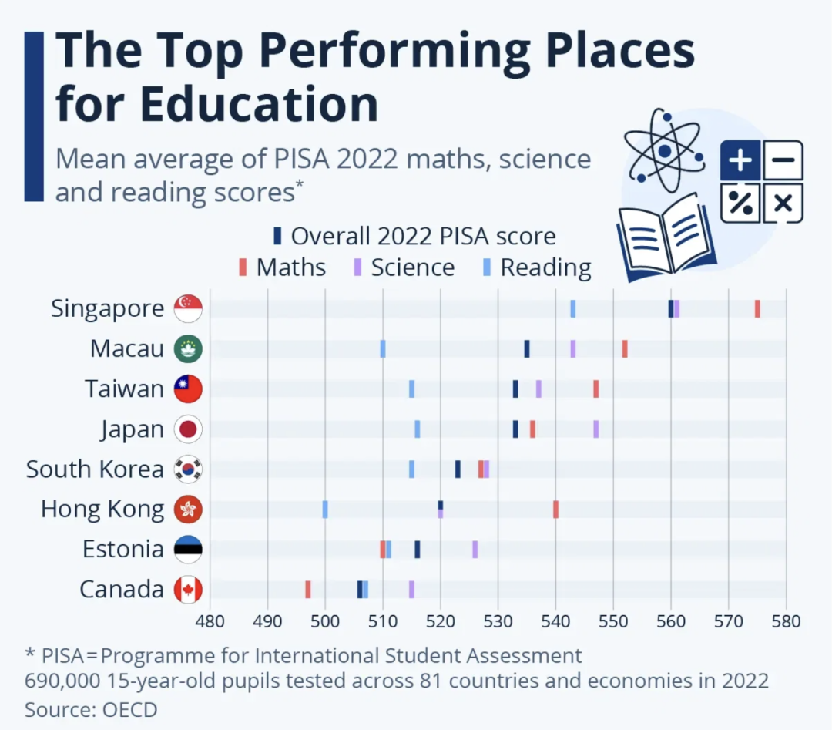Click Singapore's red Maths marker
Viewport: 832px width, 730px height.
pos(757,308)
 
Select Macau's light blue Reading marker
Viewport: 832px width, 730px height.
pos(383,348)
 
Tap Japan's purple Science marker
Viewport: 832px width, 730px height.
pos(595,429)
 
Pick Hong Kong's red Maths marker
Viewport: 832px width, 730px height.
pos(555,509)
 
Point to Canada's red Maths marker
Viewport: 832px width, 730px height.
pos(308,589)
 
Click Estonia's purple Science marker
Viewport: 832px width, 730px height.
pos(475,549)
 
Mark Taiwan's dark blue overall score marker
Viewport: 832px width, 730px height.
pos(515,389)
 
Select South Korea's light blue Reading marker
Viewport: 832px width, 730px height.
pos(411,469)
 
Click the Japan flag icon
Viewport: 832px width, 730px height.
pos(188,429)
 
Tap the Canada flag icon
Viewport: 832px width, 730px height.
pos(188,590)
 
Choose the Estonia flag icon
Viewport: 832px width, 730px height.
pos(188,549)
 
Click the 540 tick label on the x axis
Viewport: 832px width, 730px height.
pos(555,621)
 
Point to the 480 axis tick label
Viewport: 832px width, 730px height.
pos(210,621)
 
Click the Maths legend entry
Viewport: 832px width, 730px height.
pos(282,267)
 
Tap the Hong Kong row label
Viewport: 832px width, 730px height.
pos(102,509)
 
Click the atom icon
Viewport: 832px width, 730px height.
pos(663,146)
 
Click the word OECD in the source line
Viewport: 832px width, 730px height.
pos(130,709)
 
